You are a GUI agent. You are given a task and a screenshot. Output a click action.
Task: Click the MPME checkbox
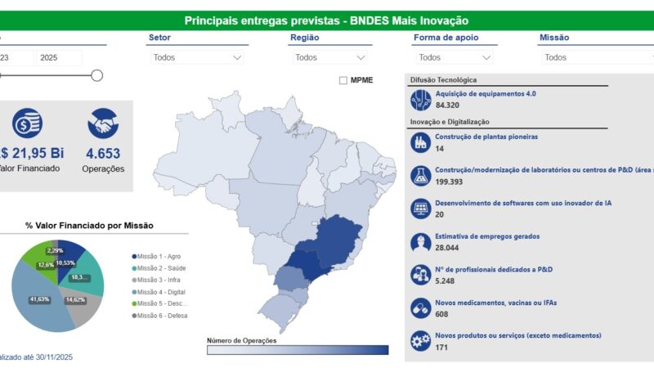point(343,80)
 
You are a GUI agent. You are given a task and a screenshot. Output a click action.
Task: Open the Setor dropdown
point(196,57)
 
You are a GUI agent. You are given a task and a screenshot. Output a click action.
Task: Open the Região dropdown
point(329,57)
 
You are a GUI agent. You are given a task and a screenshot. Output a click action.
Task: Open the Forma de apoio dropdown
point(454,57)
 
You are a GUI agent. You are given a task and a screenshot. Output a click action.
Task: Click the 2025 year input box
point(59,57)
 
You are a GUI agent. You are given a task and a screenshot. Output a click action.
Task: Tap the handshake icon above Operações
point(103,123)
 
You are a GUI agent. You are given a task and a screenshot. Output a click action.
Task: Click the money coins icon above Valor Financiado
point(27,123)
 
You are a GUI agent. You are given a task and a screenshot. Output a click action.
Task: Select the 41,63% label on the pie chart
point(38,300)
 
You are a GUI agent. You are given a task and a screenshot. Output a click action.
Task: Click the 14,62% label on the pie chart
point(75,300)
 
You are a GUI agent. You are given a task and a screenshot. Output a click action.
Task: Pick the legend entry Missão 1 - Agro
point(159,257)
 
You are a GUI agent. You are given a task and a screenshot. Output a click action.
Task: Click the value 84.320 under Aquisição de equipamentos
point(447,105)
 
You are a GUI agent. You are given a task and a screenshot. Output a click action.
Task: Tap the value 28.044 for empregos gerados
point(447,248)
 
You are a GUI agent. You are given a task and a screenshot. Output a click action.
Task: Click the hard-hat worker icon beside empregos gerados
point(420,242)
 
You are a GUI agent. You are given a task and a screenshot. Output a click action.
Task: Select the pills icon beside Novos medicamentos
point(420,308)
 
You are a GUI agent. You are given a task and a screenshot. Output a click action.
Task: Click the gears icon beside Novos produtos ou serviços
point(420,341)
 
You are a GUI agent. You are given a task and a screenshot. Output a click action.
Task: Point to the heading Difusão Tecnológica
point(443,80)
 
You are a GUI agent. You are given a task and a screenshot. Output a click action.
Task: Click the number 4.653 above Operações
point(103,153)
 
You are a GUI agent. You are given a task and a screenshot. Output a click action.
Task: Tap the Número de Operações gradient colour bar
point(298,350)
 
